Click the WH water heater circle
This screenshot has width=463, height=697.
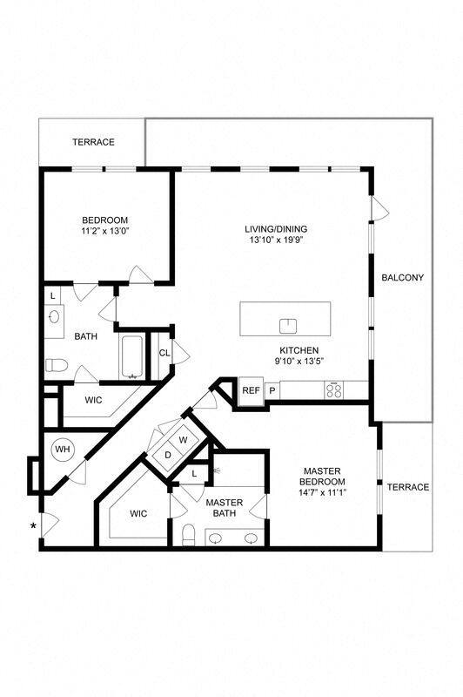pyautogui.click(x=63, y=450)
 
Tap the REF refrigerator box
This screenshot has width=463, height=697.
pyautogui.click(x=251, y=390)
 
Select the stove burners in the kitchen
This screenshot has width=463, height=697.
pyautogui.click(x=333, y=389)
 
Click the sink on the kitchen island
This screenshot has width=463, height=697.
pyautogui.click(x=288, y=325)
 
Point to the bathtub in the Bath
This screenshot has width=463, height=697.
pyautogui.click(x=133, y=357)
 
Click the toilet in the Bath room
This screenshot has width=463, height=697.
pyautogui.click(x=55, y=364)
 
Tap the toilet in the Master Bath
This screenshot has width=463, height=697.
pyautogui.click(x=189, y=533)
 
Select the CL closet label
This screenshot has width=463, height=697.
pyautogui.click(x=164, y=353)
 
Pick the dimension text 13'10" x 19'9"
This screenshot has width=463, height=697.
pyautogui.click(x=275, y=240)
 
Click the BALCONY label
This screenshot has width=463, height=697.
pyautogui.click(x=402, y=278)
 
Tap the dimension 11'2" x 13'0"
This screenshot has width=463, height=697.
pyautogui.click(x=105, y=232)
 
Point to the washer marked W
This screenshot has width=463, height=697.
pyautogui.click(x=183, y=440)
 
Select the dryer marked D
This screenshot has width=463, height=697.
pyautogui.click(x=168, y=454)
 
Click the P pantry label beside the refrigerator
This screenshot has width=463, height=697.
pyautogui.click(x=272, y=390)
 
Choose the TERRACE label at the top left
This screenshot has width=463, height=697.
pyautogui.click(x=93, y=142)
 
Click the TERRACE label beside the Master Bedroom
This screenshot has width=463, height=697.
pyautogui.click(x=407, y=487)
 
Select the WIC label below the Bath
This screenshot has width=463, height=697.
pyautogui.click(x=94, y=401)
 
